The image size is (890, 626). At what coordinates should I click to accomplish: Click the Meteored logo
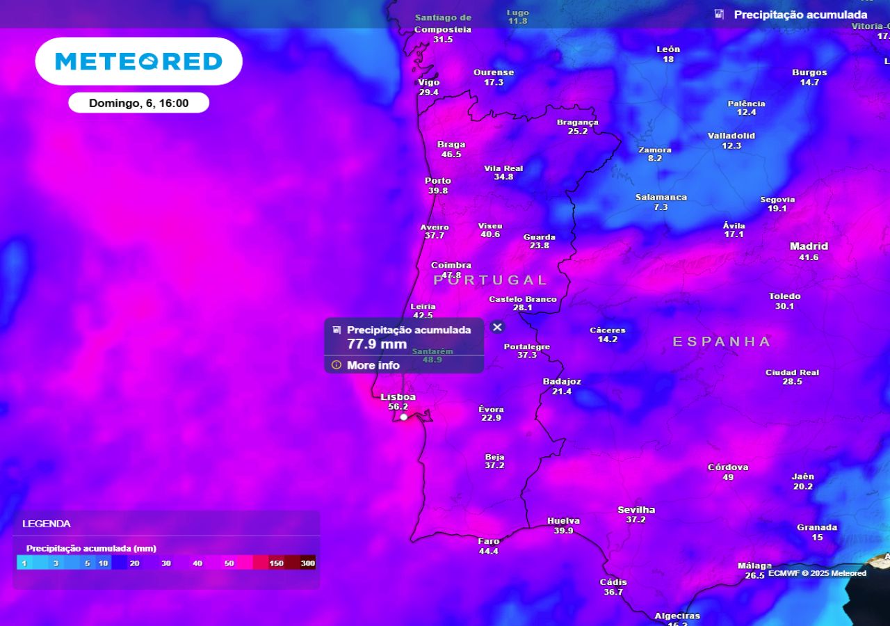138,61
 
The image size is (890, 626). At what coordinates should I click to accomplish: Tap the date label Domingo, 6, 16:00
138,103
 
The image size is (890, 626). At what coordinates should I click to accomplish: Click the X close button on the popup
497,327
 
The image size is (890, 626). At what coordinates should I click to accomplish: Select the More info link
373,365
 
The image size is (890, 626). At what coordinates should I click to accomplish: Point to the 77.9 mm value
377,344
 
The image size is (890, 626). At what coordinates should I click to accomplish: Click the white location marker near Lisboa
403,417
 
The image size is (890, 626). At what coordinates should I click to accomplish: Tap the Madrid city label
809,246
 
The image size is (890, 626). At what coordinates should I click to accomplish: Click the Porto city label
438,181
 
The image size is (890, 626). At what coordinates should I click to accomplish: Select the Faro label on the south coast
489,541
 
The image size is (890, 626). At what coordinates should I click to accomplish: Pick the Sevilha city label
636,510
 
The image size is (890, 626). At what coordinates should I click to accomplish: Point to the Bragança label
577,122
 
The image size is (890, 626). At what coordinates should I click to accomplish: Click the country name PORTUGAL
491,280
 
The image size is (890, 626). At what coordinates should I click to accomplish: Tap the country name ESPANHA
722,342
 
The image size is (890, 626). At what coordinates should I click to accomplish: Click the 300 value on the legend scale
307,563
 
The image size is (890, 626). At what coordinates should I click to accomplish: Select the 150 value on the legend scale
276,563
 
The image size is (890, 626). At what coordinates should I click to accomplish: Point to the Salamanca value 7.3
661,207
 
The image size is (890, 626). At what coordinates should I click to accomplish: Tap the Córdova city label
728,467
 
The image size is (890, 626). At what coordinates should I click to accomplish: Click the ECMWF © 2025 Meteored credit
817,573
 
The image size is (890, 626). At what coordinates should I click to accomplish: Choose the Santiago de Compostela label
443,24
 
